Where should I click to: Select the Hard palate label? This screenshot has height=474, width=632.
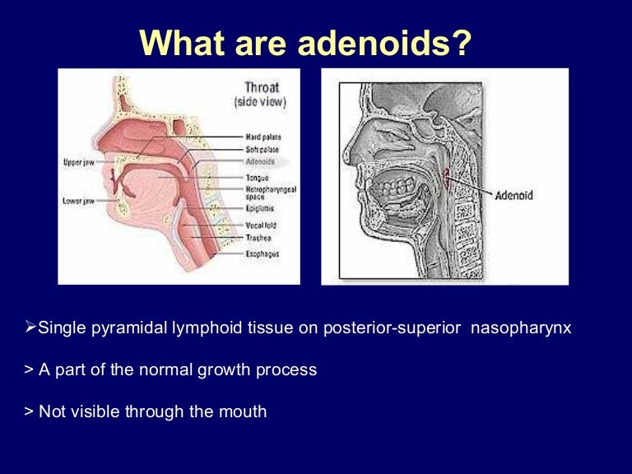click(261, 136)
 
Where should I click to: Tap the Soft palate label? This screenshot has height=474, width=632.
click(261, 149)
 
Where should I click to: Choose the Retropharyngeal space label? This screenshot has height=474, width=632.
click(265, 193)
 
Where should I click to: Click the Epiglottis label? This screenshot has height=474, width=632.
click(259, 210)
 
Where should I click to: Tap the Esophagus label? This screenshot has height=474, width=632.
click(261, 254)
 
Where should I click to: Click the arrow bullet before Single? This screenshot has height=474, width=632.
click(32, 328)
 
